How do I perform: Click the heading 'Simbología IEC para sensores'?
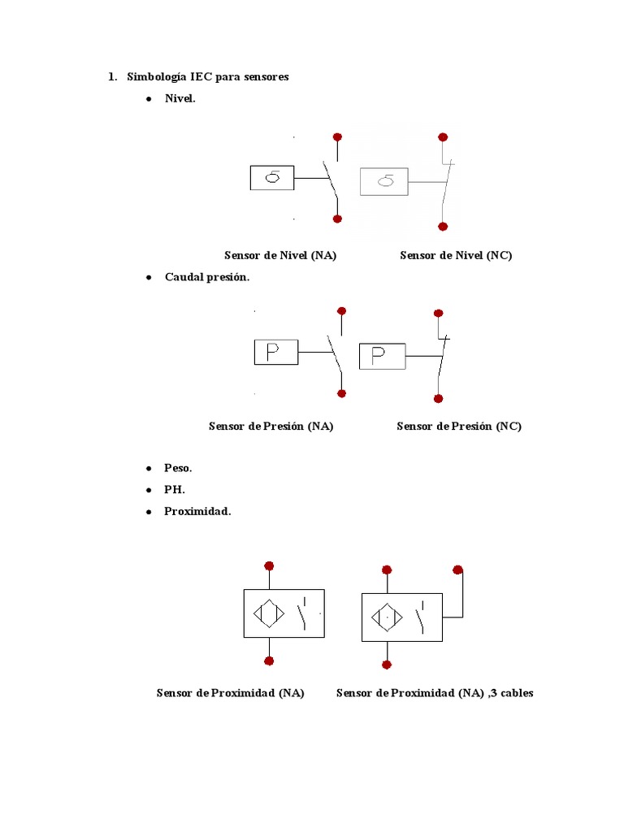tap(207, 77)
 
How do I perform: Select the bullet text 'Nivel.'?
tap(180, 99)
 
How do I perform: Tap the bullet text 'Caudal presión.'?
tap(207, 277)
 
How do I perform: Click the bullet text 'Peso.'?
tap(178, 468)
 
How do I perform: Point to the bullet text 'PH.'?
tap(175, 490)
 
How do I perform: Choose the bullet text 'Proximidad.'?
tap(197, 512)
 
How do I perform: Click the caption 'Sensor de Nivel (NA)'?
tap(280, 255)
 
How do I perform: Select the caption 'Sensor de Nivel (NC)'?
tap(456, 255)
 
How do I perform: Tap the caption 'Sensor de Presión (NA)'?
tap(271, 426)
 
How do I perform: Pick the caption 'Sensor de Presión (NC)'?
tap(459, 426)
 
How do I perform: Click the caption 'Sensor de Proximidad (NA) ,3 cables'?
tap(435, 693)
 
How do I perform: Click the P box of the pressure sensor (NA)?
tap(275, 353)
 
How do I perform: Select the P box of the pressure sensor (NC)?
tap(383, 356)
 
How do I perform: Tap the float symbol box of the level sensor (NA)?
tap(271, 178)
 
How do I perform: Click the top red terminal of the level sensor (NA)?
tap(337, 137)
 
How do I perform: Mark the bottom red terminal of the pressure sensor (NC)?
tap(439, 398)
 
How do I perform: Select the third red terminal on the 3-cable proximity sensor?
tap(458, 570)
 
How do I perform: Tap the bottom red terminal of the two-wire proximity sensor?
tap(269, 661)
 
